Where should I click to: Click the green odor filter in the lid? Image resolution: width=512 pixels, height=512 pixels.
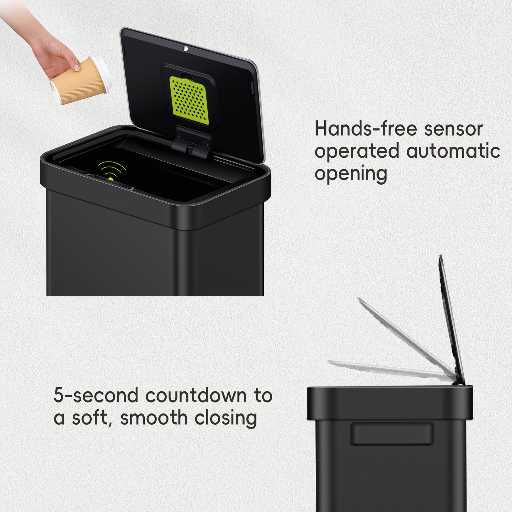click(x=189, y=100)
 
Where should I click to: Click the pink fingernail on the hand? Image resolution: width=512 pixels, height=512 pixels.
click(x=76, y=67)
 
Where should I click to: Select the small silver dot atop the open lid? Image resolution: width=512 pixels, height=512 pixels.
click(x=186, y=49)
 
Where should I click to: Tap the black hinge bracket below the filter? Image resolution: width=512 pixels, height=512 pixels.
click(x=191, y=143)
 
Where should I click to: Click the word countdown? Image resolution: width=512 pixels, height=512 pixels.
click(x=196, y=396)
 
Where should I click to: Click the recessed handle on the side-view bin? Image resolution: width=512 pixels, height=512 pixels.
click(x=392, y=434)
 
